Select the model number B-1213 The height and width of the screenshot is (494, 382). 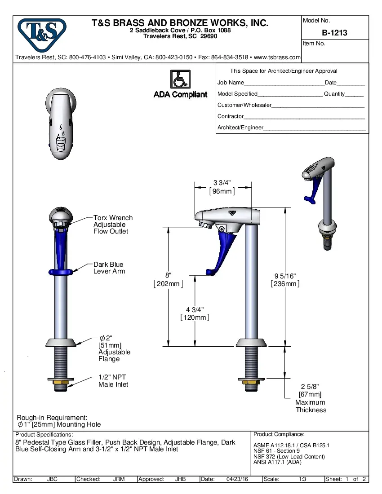334,33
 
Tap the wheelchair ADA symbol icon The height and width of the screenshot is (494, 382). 180,79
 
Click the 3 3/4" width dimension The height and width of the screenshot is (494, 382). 222,182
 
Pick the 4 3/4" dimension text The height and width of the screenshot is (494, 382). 195,310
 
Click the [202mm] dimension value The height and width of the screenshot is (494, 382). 168,284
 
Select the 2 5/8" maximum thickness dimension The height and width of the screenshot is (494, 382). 310,387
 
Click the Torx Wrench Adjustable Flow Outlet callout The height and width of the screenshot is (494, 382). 113,225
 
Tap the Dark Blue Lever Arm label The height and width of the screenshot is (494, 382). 109,268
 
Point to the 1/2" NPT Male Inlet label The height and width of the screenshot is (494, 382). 113,381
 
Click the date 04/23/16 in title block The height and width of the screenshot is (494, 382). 237,479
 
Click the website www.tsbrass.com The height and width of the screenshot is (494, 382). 277,57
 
